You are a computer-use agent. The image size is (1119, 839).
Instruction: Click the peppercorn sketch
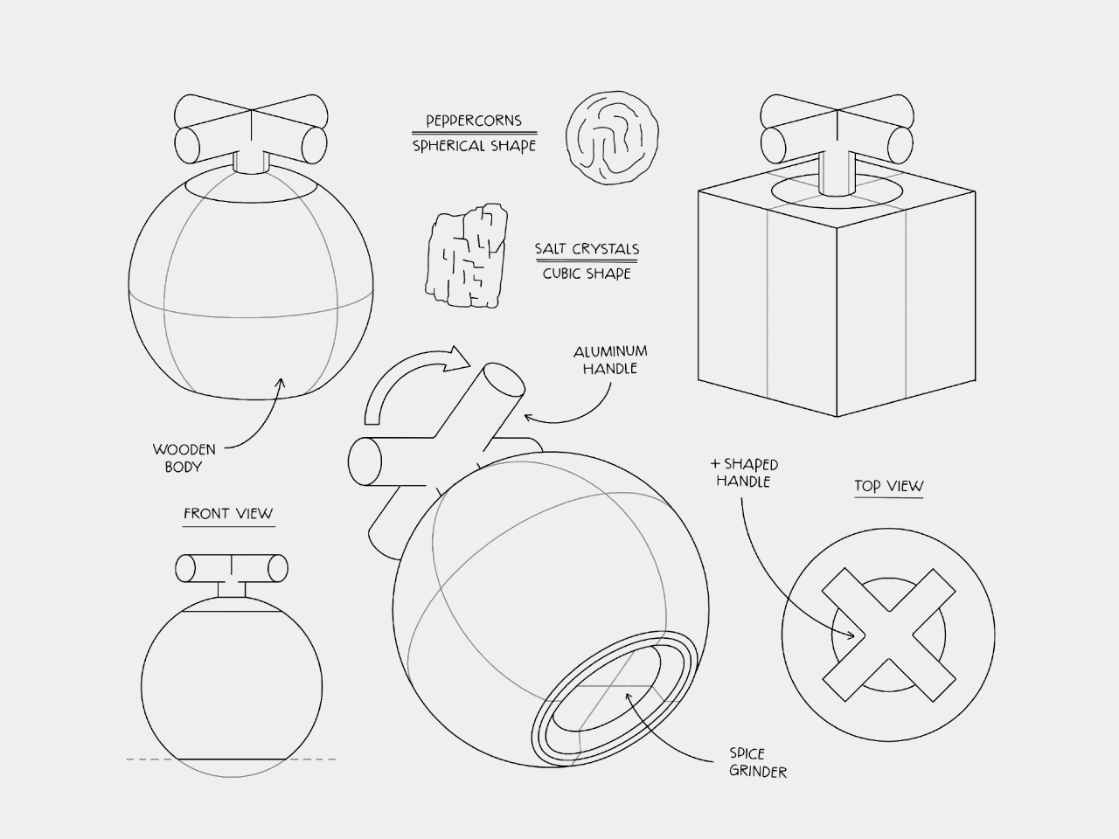coord(612,137)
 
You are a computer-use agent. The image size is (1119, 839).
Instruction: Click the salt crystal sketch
coord(467,256)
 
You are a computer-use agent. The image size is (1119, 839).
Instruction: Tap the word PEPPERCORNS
coord(474,121)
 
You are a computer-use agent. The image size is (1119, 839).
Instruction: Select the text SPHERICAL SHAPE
coord(474,146)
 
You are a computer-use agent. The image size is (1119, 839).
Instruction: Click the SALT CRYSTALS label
coord(587,249)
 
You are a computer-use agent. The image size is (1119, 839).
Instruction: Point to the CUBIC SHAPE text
coord(587,274)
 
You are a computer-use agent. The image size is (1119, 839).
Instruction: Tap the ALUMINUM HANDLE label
coord(610,360)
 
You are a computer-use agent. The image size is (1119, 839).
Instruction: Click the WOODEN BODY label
coord(184,458)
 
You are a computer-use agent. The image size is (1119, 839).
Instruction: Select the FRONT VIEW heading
coord(228,514)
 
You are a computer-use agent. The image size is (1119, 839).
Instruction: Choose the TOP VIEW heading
coord(888,486)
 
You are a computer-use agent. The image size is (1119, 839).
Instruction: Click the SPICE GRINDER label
coord(758,763)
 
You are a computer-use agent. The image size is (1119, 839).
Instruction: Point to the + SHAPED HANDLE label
coord(744,473)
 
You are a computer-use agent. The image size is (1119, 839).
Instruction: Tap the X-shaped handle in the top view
coord(888,634)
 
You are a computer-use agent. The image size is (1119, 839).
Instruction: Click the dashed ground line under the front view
coord(231,759)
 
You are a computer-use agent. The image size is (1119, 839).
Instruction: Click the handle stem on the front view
coord(232,589)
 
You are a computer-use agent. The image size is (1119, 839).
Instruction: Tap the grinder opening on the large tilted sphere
coord(615,698)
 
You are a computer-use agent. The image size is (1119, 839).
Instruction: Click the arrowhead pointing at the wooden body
coord(280,384)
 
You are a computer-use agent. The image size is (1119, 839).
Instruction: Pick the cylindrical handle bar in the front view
coord(232,568)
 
